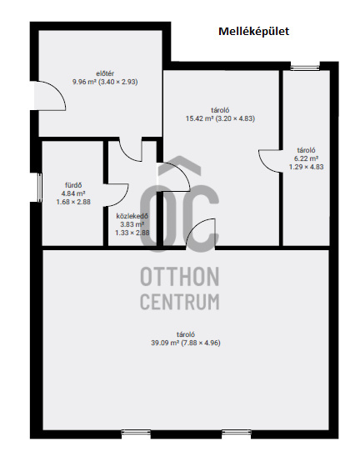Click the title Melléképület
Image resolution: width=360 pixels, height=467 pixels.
coord(253,32)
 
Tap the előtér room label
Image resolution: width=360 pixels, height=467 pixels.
coord(105,73)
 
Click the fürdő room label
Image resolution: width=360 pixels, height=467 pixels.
coord(73,185)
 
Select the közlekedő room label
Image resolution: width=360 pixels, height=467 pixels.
coord(132,216)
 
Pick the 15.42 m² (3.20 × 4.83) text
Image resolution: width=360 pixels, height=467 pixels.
coord(220,118)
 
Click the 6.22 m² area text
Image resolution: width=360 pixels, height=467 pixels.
coord(306,158)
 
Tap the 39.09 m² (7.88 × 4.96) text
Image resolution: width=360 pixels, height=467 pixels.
coord(186,343)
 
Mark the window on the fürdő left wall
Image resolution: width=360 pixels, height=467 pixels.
coord(39,188)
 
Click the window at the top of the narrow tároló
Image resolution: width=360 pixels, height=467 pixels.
coord(305,68)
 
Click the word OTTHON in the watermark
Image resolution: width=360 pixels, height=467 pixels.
coord(180,277)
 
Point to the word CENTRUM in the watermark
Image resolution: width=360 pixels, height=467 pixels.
coord(180,301)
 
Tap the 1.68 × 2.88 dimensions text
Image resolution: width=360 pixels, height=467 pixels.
coord(73,202)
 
